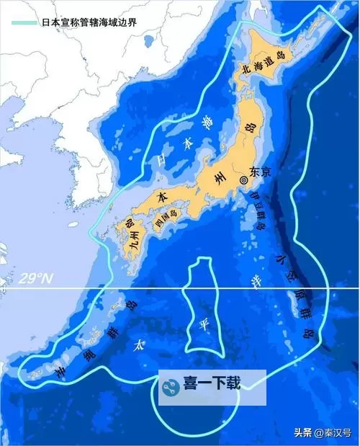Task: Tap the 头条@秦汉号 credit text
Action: pos(320,433)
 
